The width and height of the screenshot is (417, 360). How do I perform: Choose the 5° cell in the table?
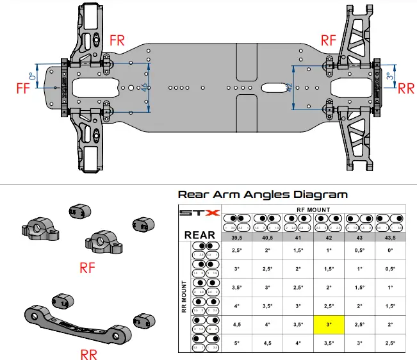tap(238, 343)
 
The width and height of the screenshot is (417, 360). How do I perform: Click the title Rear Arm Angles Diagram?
tap(263, 194)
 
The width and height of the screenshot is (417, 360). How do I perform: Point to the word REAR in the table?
tap(199, 235)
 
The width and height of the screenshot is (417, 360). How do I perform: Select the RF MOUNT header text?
tap(315, 209)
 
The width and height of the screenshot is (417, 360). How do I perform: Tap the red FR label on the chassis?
tap(117, 39)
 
